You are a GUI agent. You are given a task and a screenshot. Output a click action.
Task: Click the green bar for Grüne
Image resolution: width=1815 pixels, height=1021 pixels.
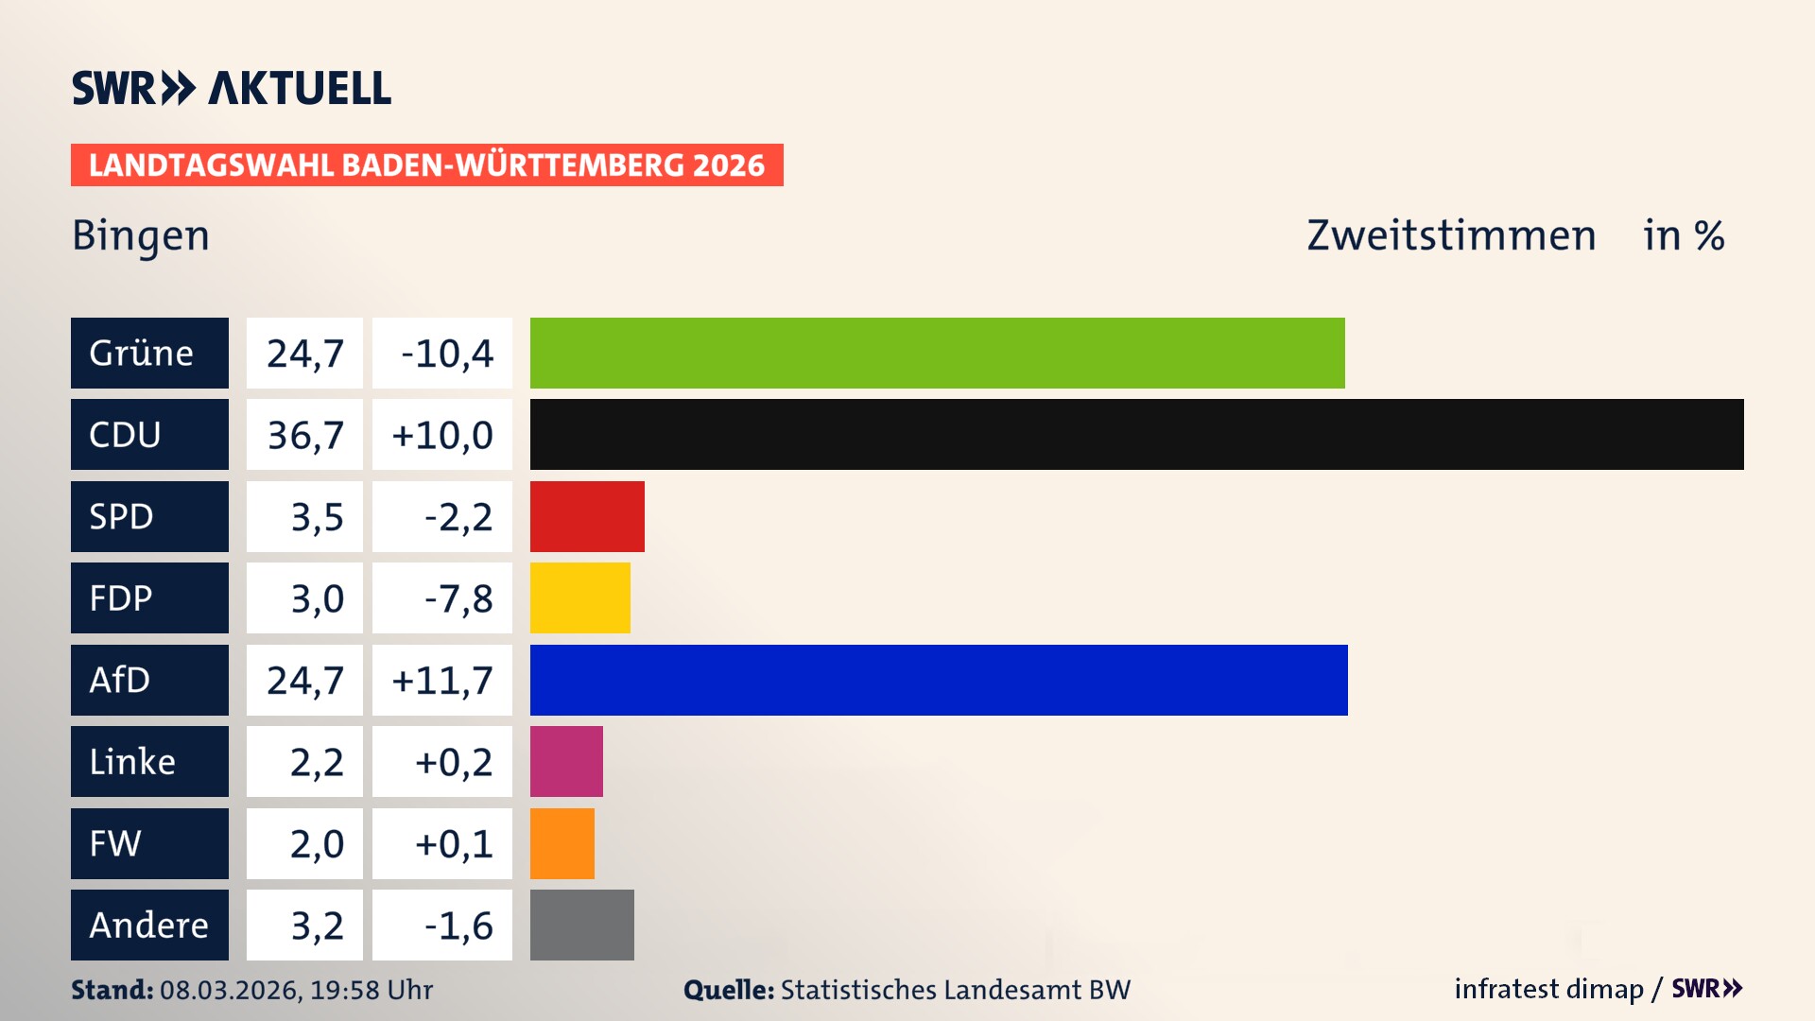[x=937, y=353]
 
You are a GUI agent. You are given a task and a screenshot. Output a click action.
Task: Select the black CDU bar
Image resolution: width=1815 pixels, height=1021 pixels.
[x=1136, y=434]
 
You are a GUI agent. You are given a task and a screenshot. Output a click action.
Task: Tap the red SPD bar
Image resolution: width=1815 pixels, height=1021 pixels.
[x=587, y=516]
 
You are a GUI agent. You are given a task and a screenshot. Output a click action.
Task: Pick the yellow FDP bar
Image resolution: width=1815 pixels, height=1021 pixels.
[x=579, y=597]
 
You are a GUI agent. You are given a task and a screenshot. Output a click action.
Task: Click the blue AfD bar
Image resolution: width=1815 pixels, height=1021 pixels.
[x=939, y=680]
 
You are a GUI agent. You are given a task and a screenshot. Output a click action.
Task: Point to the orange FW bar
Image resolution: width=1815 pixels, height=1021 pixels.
[x=562, y=843]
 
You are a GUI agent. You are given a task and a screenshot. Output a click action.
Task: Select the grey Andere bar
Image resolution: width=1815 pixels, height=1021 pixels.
[x=581, y=925]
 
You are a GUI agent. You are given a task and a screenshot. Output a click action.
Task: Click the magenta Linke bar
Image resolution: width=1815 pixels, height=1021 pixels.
[x=566, y=761]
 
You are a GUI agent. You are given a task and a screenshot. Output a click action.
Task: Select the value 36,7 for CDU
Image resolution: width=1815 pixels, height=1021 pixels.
[x=304, y=435]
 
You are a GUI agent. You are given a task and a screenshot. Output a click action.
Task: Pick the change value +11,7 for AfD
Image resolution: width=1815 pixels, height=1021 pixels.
[x=442, y=681]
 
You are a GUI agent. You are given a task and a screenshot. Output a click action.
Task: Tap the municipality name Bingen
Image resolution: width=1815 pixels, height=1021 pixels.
[x=141, y=235]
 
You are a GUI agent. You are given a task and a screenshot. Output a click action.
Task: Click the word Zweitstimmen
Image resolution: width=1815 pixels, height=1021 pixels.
[x=1451, y=235]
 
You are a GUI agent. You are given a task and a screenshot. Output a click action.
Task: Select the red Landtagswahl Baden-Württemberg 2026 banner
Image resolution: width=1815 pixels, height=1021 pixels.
[x=426, y=165]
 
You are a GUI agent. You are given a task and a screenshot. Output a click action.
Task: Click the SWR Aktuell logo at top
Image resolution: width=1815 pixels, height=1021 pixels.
[x=232, y=88]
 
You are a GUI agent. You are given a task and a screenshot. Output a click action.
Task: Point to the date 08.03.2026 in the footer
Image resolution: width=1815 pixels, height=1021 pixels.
[x=230, y=990]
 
